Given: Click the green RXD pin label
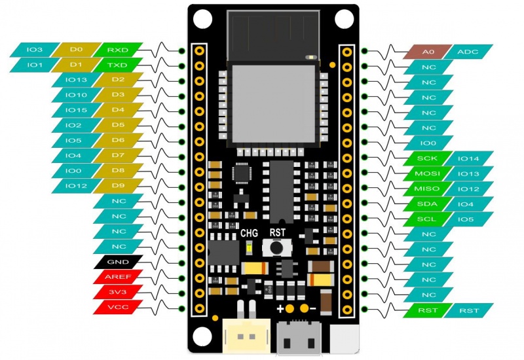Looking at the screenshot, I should pyautogui.click(x=118, y=50).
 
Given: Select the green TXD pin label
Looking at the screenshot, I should pyautogui.click(x=118, y=65).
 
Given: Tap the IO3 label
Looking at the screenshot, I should pyautogui.click(x=35, y=50).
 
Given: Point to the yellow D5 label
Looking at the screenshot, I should pyautogui.click(x=118, y=125).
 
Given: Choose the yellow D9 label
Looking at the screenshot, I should pyautogui.click(x=118, y=186).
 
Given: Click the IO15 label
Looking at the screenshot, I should pyautogui.click(x=76, y=110).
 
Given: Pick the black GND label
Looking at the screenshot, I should pyautogui.click(x=118, y=262).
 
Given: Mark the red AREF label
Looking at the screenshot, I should pyautogui.click(x=118, y=277).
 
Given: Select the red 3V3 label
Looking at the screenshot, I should pyautogui.click(x=118, y=292).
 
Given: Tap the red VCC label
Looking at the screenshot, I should pyautogui.click(x=118, y=307).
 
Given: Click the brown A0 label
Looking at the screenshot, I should pyautogui.click(x=428, y=52).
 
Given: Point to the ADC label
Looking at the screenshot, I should pyautogui.click(x=468, y=52).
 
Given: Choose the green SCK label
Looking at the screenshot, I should pyautogui.click(x=428, y=158).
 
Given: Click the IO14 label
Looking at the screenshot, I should pyautogui.click(x=469, y=158).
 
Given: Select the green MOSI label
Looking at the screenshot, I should pyautogui.click(x=428, y=173).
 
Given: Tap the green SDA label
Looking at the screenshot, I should pyautogui.click(x=428, y=204).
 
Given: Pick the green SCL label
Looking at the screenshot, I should pyautogui.click(x=428, y=219).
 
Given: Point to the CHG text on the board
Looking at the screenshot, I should pyautogui.click(x=249, y=233).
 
